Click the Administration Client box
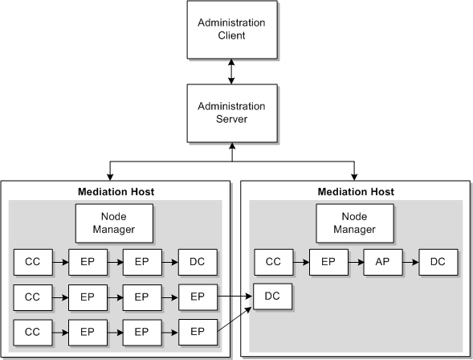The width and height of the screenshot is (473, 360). coord(232,30)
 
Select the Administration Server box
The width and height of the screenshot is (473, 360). coord(232,112)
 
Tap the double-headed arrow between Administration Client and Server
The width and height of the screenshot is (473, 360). coord(232,72)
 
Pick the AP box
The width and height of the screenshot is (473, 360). coord(383,262)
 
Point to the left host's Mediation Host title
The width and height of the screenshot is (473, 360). coord(116,192)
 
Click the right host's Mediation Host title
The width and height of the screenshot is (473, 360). coord(357,192)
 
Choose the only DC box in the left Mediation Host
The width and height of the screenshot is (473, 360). coord(197,262)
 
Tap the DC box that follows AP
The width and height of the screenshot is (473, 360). coord(438,262)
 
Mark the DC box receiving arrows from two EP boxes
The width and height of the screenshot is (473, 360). coord(273,297)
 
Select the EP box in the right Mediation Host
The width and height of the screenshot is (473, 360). coord(328,262)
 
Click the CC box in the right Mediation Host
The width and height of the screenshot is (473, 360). coord(274,262)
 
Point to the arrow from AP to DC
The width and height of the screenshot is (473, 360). coord(410,262)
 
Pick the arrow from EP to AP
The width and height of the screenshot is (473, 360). coord(356,262)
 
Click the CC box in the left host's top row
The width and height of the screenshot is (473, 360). coord(33,262)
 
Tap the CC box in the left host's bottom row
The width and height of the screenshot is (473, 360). coord(33,331)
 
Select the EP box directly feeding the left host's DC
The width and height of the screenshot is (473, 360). coord(142,262)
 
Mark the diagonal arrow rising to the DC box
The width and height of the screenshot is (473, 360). coord(235,319)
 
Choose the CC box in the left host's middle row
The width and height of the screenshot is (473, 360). coord(33,297)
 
